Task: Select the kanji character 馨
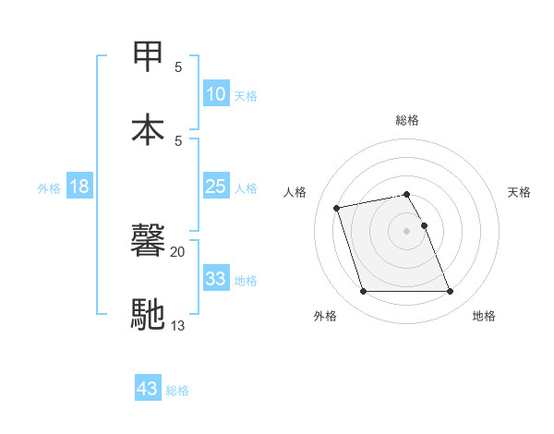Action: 149,242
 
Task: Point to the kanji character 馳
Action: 149,314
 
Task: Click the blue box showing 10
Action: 215,94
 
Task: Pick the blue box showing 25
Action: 215,187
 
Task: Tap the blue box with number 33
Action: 215,279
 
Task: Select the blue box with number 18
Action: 79,187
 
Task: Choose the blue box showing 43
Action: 147,389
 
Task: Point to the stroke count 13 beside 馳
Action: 178,324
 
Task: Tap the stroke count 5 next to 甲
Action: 178,67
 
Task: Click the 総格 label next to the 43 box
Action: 177,391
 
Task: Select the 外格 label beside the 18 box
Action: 49,187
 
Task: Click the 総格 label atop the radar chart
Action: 407,120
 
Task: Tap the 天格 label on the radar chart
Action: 520,192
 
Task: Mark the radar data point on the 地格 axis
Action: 450,292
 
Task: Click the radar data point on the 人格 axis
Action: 337,207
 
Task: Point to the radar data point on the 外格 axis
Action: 363,292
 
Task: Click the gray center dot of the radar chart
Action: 406,230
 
